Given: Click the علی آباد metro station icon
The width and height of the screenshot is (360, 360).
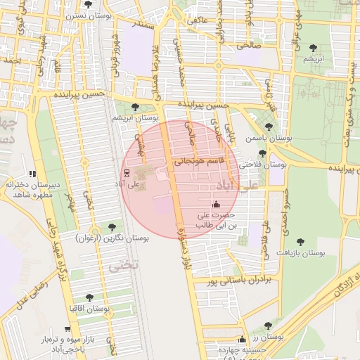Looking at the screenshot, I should pyautogui.click(x=126, y=174).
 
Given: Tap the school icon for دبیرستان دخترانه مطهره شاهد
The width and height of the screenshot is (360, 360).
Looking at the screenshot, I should pyautogui.click(x=32, y=174).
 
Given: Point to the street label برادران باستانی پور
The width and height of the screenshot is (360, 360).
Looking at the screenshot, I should pyautogui.click(x=238, y=282).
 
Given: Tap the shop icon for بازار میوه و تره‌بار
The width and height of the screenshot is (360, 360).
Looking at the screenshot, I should pyautogui.click(x=67, y=328).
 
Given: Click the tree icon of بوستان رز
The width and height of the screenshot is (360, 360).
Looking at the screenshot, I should pyautogui.click(x=268, y=326).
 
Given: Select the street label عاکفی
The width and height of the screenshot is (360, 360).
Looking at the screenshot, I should pyautogui.click(x=197, y=21).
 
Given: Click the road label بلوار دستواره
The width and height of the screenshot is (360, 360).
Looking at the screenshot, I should pyautogui.click(x=187, y=241).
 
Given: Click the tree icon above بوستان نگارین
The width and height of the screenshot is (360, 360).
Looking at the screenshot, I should pyautogui.click(x=112, y=226).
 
